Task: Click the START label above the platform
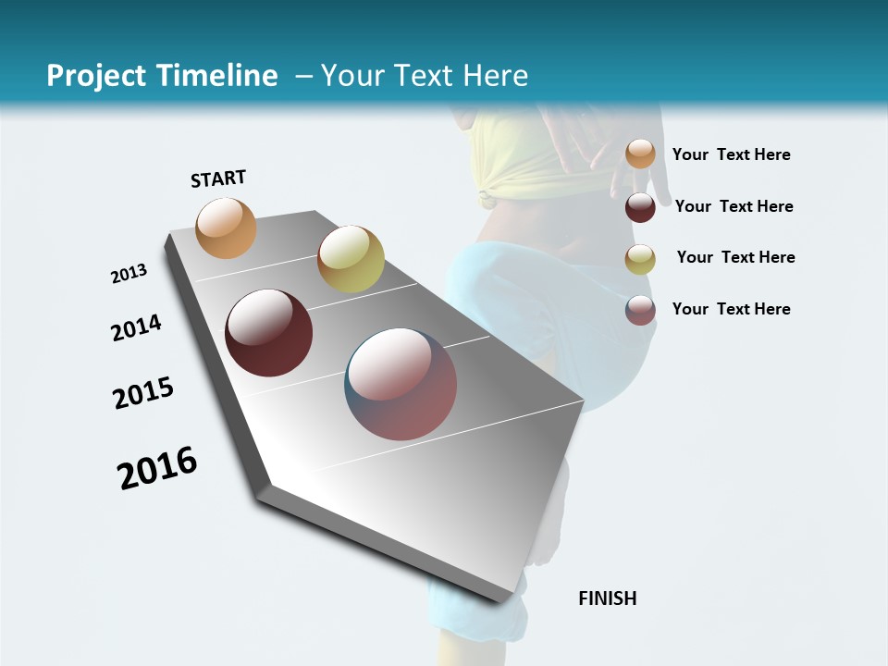[x=218, y=179]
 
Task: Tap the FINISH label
[x=608, y=598]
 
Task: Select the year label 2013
[x=129, y=274]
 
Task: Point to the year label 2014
[x=136, y=327]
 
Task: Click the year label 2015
[x=143, y=393]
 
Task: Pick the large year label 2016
[x=157, y=468]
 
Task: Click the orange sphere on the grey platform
[x=227, y=228]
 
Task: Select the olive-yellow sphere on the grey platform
[x=351, y=259]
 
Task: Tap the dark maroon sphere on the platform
[x=269, y=333]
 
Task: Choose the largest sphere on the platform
[x=401, y=384]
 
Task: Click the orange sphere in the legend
[x=640, y=154]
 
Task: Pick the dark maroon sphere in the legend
[x=640, y=207]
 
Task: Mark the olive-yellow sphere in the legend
[x=640, y=259]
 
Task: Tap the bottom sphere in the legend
[x=640, y=310]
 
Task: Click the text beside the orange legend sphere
[x=731, y=154]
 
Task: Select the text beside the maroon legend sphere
[x=734, y=206]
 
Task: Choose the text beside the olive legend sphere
[x=735, y=257]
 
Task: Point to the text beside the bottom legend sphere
[x=731, y=309]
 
